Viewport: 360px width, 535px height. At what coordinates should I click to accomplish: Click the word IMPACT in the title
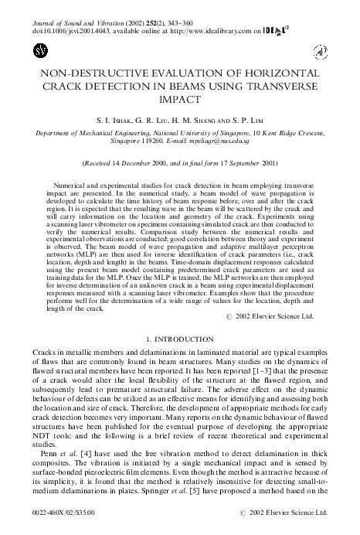pos(180,101)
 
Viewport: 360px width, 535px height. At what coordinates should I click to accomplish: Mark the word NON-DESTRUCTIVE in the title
pos(81,75)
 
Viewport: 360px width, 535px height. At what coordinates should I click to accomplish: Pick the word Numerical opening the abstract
pos(73,188)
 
